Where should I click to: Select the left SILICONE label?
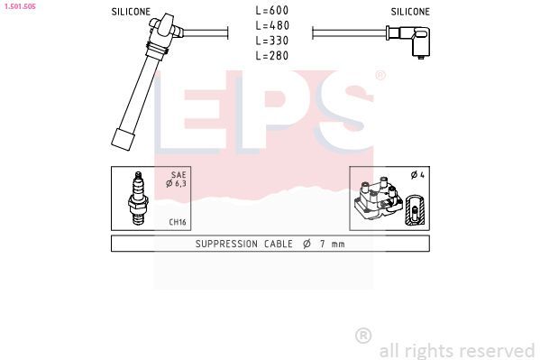coord(131,12)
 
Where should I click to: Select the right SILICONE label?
coord(410,12)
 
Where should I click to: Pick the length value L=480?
coord(270,26)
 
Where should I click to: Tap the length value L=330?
coord(270,41)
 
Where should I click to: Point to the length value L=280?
coord(270,56)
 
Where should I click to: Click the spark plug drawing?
coord(139,198)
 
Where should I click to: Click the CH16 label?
coord(177,221)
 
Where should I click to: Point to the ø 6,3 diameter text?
coord(176,184)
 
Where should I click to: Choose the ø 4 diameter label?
coord(416,175)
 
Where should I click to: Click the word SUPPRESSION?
coord(227,244)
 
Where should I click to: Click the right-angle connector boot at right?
coord(414,40)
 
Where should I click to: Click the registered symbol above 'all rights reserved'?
coord(363,336)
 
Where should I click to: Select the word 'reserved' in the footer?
coord(498,350)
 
